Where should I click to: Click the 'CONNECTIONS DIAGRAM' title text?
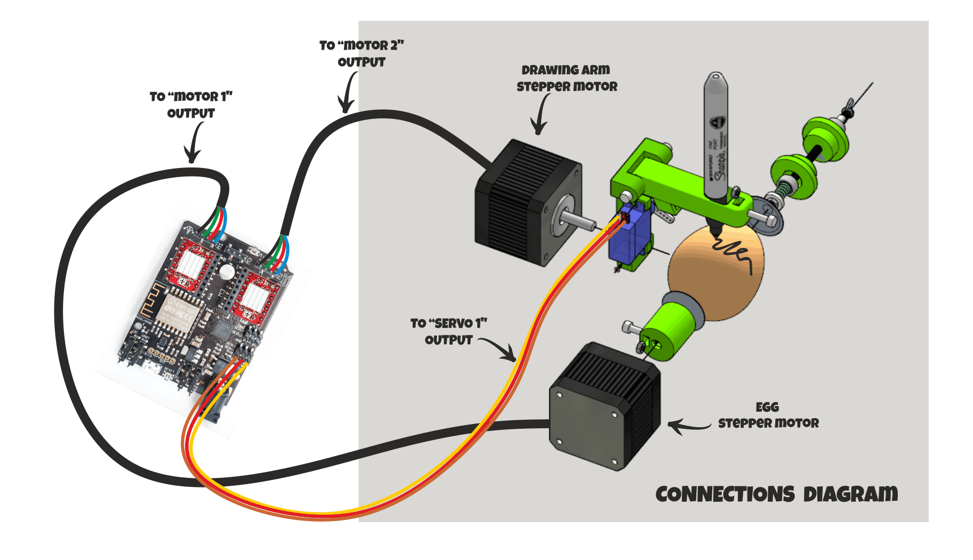pos(776,494)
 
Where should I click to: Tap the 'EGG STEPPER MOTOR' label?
pos(768,415)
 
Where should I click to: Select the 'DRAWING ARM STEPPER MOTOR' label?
pos(566,78)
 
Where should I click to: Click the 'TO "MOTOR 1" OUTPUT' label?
pos(191,105)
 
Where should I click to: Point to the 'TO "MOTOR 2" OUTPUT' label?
pos(361,54)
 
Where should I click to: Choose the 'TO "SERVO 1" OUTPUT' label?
pos(448,332)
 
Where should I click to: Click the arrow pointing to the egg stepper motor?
pos(688,426)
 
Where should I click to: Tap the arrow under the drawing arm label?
pos(540,115)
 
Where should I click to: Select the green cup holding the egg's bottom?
pos(669,326)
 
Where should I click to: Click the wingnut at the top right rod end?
pos(848,107)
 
